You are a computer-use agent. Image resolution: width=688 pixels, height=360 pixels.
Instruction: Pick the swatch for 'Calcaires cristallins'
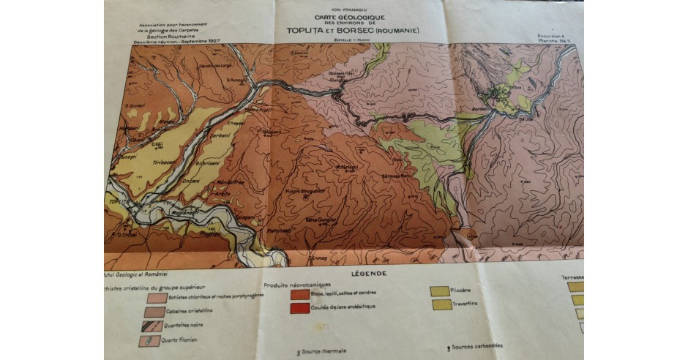tap(156, 312)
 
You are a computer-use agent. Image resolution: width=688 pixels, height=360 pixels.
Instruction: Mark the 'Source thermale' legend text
tap(327, 352)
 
